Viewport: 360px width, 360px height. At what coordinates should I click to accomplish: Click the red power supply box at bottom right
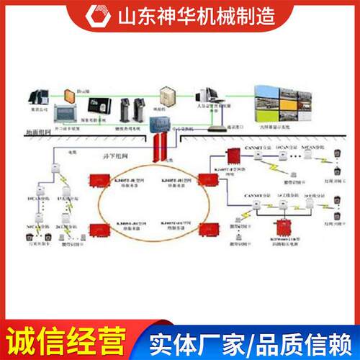pyautogui.click(x=282, y=222)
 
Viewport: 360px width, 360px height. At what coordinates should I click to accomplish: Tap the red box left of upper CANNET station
pyautogui.click(x=233, y=157)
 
